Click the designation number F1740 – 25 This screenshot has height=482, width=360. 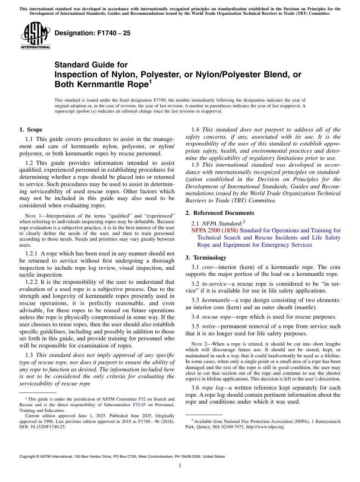92,33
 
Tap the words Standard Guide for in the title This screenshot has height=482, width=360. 91,65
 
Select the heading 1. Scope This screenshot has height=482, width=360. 31,130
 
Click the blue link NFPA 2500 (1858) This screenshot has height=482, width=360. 214,230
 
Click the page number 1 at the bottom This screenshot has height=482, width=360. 180,466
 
